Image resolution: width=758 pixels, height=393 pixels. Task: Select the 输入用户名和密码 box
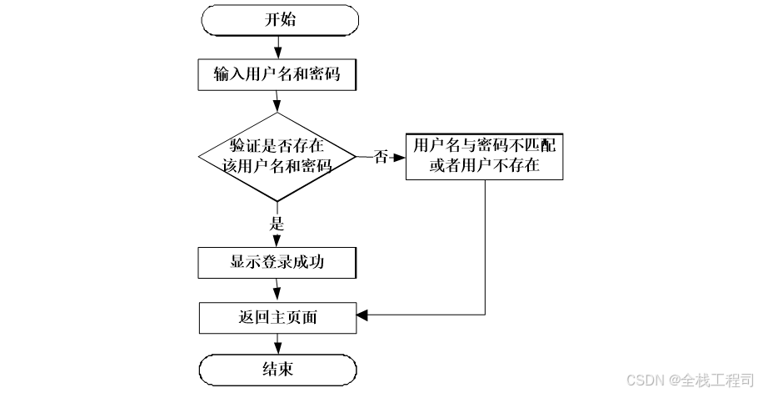(277, 75)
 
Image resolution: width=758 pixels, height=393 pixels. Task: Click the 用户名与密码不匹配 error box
(484, 155)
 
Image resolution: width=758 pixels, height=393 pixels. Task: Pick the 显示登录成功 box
(277, 262)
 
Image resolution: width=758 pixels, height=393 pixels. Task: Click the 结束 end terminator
(277, 369)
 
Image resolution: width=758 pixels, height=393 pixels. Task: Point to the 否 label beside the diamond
(381, 157)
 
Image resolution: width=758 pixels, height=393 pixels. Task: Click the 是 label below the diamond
(277, 224)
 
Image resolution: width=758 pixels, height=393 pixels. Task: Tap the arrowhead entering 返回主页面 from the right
(363, 315)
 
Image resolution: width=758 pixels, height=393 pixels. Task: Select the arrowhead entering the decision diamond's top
(277, 107)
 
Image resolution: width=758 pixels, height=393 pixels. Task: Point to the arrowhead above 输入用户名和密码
(277, 54)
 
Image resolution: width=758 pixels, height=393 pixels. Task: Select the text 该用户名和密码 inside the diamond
(277, 165)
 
